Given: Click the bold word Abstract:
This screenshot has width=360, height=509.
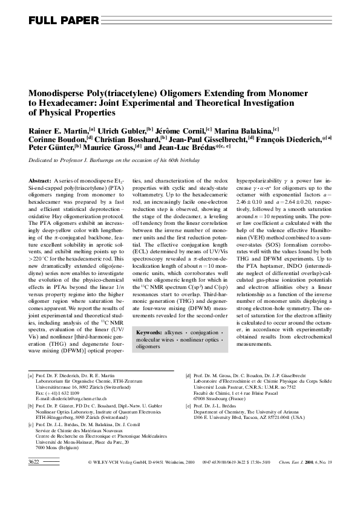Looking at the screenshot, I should point(40,181).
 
